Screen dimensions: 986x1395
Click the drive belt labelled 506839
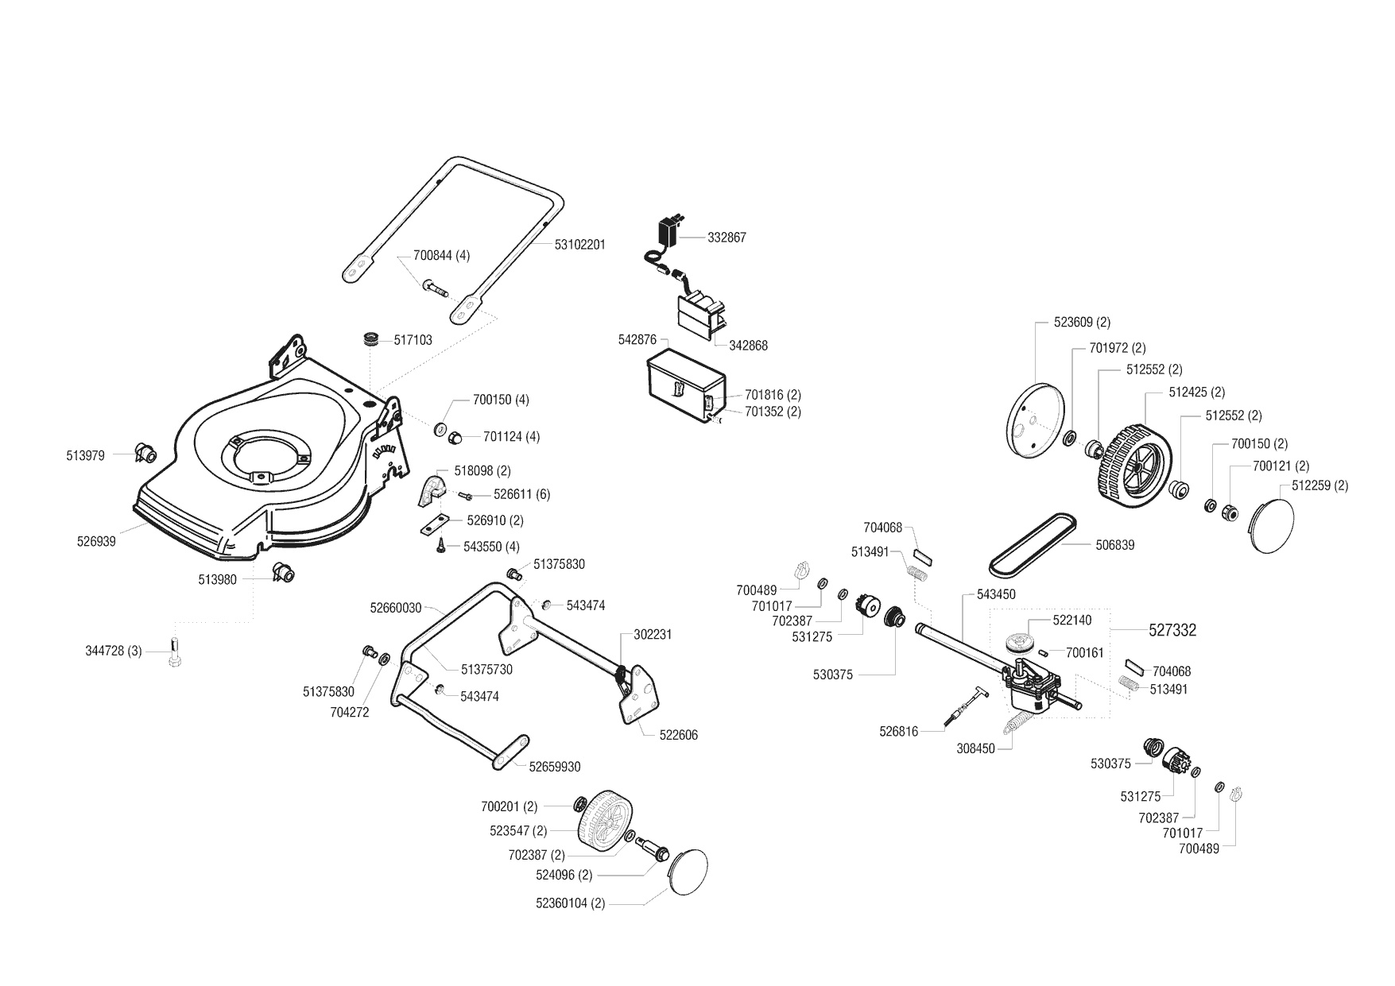click(x=1033, y=543)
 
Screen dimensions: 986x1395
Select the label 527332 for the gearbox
click(x=1172, y=630)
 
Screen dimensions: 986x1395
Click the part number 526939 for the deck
click(x=96, y=542)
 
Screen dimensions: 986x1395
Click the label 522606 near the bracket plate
click(x=678, y=735)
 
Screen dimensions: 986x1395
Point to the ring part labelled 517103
click(x=369, y=339)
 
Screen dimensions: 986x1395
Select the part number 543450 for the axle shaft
click(x=995, y=594)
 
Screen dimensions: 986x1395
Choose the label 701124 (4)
click(x=511, y=436)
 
